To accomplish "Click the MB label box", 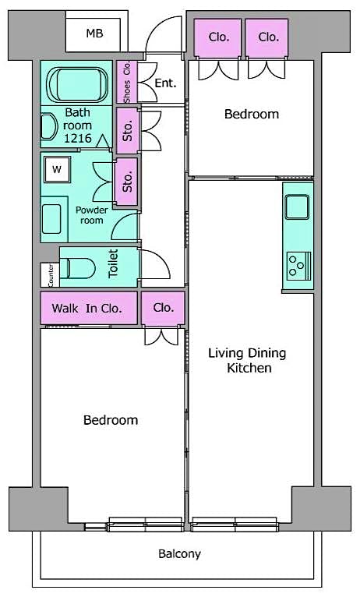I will click(x=94, y=34).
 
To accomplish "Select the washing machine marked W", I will click(x=56, y=168).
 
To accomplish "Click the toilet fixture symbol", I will click(x=77, y=268).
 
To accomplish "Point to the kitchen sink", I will click(x=297, y=207).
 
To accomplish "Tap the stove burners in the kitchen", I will click(x=297, y=265).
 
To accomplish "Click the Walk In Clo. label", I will click(x=87, y=308).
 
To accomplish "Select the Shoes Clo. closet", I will click(x=125, y=83).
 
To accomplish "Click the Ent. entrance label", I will click(x=165, y=83).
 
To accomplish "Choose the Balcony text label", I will click(x=179, y=554).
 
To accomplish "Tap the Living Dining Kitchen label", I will click(x=246, y=360).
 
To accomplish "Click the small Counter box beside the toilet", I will click(x=50, y=274).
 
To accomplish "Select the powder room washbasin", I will click(x=55, y=216).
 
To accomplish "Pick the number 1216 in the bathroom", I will click(x=78, y=138).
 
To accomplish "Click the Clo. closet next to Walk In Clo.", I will click(x=163, y=308).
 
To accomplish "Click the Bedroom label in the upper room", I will click(x=251, y=114).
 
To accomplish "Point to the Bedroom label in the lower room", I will click(x=111, y=420).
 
